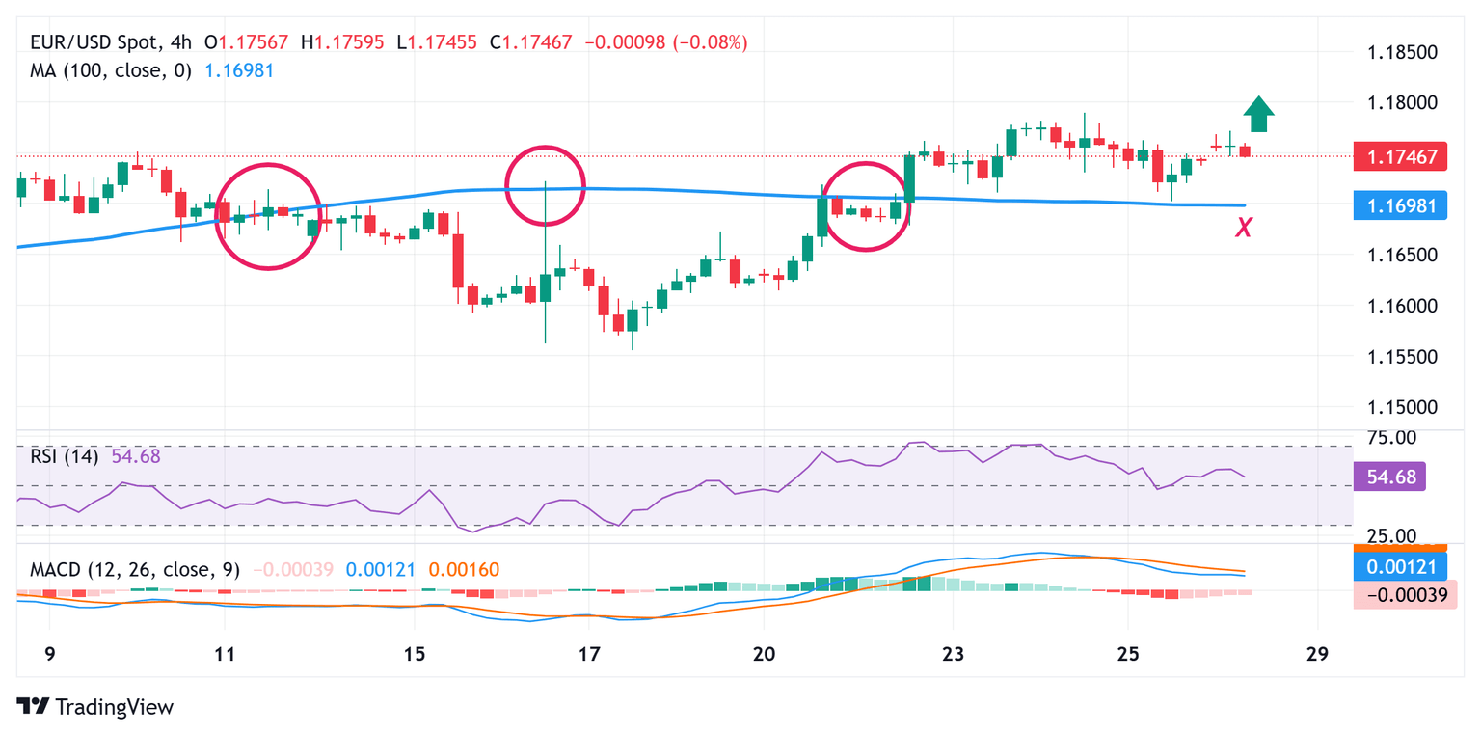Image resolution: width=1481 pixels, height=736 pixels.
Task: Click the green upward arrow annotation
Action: pyautogui.click(x=1258, y=114)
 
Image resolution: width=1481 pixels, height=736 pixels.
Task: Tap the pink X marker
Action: pyautogui.click(x=1245, y=228)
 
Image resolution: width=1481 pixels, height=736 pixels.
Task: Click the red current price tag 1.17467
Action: pyautogui.click(x=1399, y=155)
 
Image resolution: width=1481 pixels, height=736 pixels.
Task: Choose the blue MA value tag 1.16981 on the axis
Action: pyautogui.click(x=1399, y=205)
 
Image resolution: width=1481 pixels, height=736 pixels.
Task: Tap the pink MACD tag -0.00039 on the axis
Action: pyautogui.click(x=1399, y=595)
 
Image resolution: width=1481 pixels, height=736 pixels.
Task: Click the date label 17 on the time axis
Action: pyautogui.click(x=589, y=653)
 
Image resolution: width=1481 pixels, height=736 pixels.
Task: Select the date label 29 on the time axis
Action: pyautogui.click(x=1317, y=653)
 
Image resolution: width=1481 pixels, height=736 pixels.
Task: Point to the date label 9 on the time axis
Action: pyautogui.click(x=50, y=653)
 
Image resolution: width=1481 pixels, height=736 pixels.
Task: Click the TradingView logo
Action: pyautogui.click(x=95, y=706)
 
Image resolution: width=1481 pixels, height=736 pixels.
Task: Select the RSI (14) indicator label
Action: pyautogui.click(x=64, y=456)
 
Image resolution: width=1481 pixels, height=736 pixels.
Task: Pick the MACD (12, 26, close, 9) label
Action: pyautogui.click(x=132, y=570)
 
